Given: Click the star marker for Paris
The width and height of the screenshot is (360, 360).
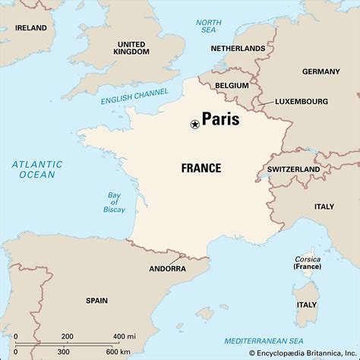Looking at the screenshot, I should (194, 124).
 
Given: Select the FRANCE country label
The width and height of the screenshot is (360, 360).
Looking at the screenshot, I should (201, 168).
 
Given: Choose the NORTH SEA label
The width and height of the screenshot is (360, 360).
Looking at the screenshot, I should (208, 27).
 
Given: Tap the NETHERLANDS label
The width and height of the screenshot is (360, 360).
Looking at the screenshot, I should (239, 49).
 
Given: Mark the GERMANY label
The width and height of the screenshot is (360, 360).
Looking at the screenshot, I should (321, 71).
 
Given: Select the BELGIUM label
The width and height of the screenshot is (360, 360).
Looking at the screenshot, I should (232, 86).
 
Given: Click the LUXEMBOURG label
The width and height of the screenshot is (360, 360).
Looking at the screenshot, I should (302, 100).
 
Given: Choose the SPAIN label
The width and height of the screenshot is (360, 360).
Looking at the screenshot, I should (96, 300).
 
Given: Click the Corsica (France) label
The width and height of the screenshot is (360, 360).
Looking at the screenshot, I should (307, 263).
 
